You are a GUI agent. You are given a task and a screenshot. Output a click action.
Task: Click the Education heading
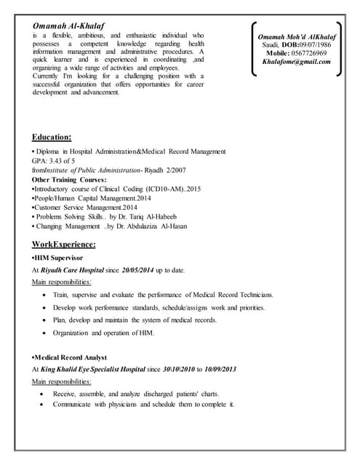pyautogui.click(x=52, y=137)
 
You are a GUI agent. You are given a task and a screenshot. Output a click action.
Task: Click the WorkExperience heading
pyautogui.click(x=64, y=245)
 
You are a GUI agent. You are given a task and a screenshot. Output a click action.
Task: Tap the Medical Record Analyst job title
pyautogui.click(x=71, y=357)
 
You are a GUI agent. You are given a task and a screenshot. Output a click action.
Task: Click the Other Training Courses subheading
pyautogui.click(x=69, y=179)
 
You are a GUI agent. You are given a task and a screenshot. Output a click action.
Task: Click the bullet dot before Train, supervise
pyautogui.click(x=45, y=295)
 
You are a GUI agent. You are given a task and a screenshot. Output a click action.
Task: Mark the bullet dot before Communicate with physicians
pyautogui.click(x=45, y=404)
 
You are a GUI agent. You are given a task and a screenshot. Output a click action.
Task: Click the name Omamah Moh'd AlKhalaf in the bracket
pyautogui.click(x=297, y=36)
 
